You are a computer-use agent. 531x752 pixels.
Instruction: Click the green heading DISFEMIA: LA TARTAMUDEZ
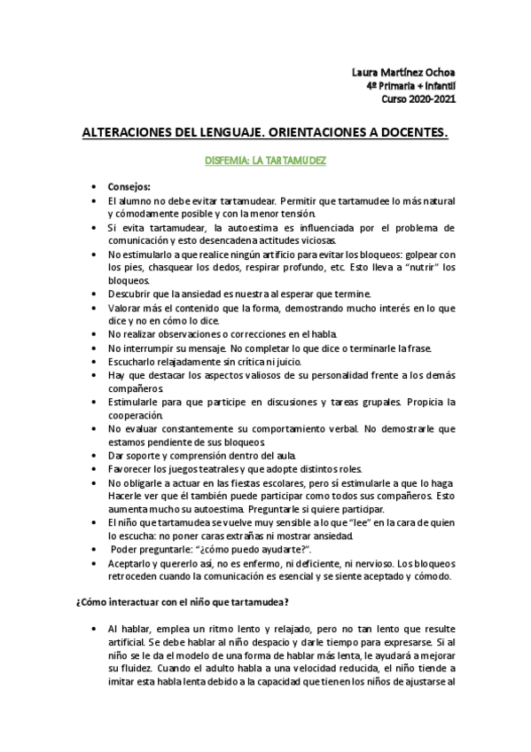(x=265, y=162)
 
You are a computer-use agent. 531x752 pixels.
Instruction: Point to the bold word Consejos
(x=129, y=187)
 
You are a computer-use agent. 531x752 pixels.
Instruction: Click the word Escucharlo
(x=135, y=362)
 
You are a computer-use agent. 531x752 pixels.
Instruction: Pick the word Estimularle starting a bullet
(x=138, y=402)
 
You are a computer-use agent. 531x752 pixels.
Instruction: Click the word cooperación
(x=137, y=415)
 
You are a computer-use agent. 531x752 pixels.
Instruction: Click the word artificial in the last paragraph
(x=132, y=641)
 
